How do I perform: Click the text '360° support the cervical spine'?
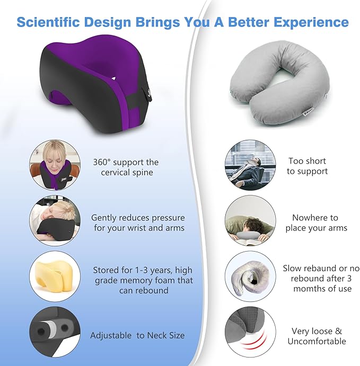click(x=125, y=167)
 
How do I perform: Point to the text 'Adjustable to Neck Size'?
click(x=137, y=335)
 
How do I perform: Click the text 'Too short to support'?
click(x=307, y=166)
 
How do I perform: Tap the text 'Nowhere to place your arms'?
click(x=316, y=223)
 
